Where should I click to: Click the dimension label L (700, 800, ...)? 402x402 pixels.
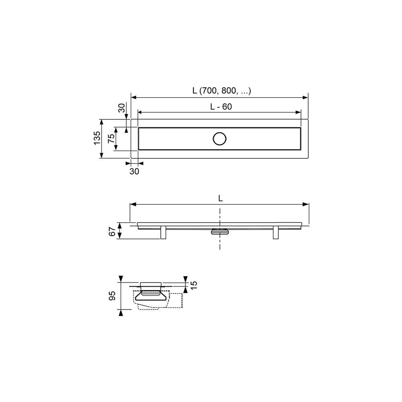tap(222, 90)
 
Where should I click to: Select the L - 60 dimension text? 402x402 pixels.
tap(221, 107)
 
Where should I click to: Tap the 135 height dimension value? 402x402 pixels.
tap(97, 138)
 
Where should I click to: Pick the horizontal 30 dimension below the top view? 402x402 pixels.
tap(134, 171)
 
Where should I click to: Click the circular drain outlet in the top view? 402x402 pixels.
tap(219, 139)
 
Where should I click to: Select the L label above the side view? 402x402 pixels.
tap(220, 198)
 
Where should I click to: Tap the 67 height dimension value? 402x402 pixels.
tap(112, 232)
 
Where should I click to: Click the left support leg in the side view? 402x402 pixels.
tap(163, 232)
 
